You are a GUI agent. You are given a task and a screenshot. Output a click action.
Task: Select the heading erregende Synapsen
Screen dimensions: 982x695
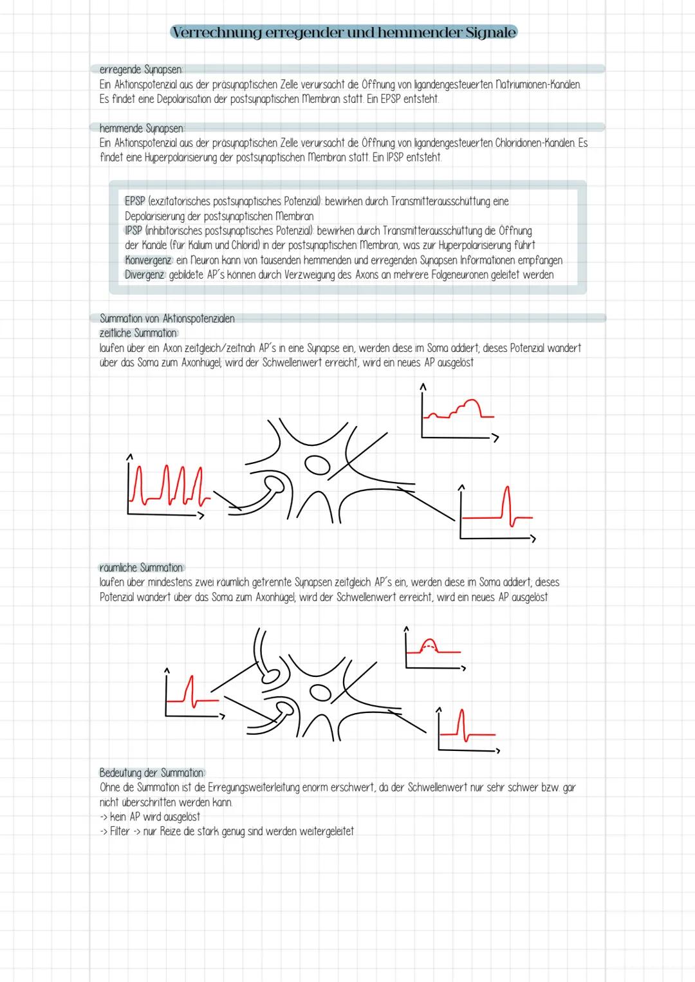click(x=141, y=69)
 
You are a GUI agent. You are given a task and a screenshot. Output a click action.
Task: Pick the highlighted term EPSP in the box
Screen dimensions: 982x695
click(x=134, y=201)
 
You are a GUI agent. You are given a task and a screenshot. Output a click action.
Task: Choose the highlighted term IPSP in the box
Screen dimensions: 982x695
click(x=133, y=230)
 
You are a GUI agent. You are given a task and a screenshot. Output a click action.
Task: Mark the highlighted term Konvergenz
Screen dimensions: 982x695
click(x=148, y=260)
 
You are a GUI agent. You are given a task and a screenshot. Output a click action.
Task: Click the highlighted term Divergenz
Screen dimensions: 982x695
click(x=144, y=275)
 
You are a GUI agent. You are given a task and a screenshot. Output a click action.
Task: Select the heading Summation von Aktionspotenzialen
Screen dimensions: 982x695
click(x=167, y=319)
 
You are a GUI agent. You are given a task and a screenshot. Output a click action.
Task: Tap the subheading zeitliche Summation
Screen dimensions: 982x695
click(x=138, y=333)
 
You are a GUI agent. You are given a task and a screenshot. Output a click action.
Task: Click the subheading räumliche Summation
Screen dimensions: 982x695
click(x=141, y=568)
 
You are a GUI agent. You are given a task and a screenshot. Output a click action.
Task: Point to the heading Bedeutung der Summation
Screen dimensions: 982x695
click(x=151, y=772)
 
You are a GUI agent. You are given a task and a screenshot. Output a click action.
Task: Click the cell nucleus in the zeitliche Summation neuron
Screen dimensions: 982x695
click(x=316, y=465)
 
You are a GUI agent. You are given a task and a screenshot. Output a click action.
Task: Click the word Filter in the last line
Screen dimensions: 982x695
click(x=120, y=831)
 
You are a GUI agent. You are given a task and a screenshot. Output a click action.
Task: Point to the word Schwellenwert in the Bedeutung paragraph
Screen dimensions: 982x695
click(x=437, y=787)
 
